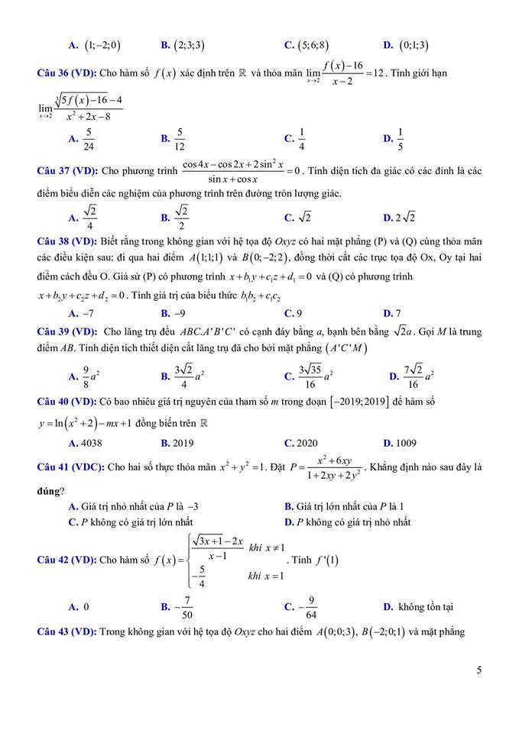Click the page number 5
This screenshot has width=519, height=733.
click(478, 670)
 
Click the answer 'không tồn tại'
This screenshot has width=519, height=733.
click(425, 607)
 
